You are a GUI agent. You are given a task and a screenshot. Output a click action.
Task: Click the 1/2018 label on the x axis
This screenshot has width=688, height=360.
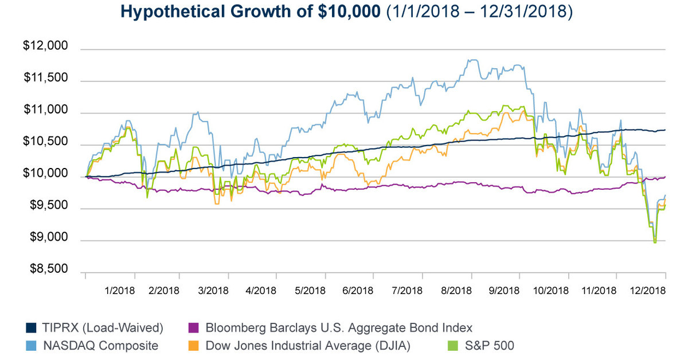pyautogui.click(x=120, y=290)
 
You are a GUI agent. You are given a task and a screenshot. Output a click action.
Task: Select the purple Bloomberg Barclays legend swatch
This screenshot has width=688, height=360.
pyautogui.click(x=193, y=328)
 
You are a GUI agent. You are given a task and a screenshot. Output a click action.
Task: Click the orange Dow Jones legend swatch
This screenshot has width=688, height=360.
pyautogui.click(x=193, y=346)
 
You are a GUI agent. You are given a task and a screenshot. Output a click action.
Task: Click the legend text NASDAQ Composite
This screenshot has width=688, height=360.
pyautogui.click(x=101, y=346)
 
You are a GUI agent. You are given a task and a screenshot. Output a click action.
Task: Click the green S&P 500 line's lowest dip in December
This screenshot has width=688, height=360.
pyautogui.click(x=655, y=242)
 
